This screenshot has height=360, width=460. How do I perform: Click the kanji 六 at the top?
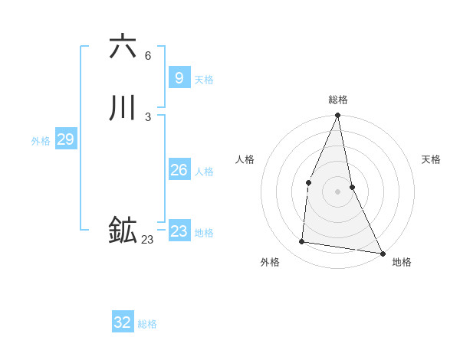123,47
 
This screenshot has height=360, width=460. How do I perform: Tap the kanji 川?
123,108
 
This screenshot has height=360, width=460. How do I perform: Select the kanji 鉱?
123,231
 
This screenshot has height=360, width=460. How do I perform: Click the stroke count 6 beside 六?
148,56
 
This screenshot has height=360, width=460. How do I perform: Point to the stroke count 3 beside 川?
148,117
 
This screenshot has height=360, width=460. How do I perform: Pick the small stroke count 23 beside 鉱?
147,240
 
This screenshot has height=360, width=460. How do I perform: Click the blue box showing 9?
179,78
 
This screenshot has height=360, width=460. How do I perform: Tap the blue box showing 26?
179,170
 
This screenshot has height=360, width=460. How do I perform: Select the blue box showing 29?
65,139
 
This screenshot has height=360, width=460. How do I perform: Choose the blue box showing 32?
123,322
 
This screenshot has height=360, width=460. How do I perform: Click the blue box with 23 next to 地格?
179,231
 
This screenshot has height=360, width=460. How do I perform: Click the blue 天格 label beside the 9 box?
204,80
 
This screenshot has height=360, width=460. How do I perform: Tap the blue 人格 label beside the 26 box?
204,172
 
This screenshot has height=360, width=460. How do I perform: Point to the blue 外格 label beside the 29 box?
41,141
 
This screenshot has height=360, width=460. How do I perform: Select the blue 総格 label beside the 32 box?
147,324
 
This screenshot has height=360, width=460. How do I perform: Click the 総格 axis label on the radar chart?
338,100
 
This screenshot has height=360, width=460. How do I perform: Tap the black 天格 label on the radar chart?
432,159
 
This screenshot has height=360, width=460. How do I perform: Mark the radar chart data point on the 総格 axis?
338,116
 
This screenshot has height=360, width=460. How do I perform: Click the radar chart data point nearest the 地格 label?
383,253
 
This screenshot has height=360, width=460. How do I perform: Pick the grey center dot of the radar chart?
338,191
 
